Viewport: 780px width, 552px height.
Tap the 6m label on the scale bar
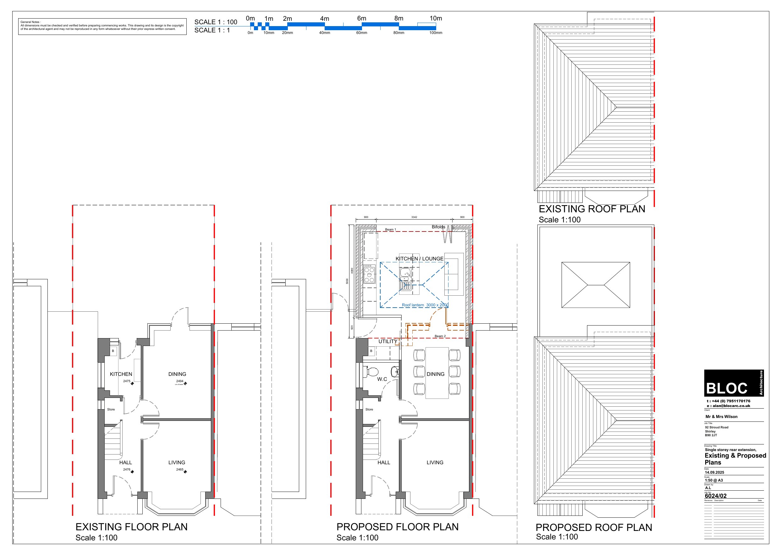pos(361,18)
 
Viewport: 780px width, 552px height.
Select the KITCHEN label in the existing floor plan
pos(121,374)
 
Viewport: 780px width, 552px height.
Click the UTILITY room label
pos(387,342)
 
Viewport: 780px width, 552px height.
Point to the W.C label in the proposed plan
pos(382,379)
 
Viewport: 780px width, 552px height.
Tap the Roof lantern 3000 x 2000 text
pos(425,305)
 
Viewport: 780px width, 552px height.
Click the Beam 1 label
pos(390,230)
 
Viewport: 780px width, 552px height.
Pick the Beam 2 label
pos(440,336)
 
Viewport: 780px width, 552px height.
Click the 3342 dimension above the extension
pos(414,217)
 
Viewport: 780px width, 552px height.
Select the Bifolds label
pos(438,227)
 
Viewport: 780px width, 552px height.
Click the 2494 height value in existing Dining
pos(180,381)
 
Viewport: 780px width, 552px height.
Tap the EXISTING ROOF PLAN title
pos(592,209)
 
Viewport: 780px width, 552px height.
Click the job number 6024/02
pos(716,496)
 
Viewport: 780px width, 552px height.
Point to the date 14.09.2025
pos(714,472)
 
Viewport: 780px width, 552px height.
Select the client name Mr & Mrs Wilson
pos(721,417)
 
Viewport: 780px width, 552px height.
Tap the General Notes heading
pos(30,22)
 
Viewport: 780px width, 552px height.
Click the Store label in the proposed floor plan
pos(369,410)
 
